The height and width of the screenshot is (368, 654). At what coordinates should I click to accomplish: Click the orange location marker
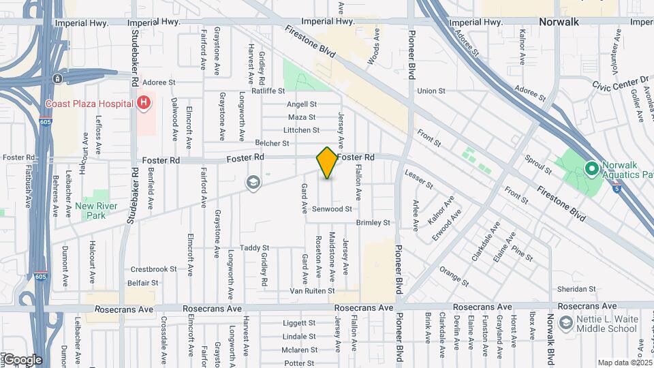tap(327, 162)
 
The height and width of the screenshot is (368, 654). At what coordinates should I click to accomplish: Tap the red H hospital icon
tap(144, 104)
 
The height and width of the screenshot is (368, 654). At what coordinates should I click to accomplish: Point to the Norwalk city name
tap(558, 22)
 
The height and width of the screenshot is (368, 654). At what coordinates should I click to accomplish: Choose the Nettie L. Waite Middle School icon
tap(565, 322)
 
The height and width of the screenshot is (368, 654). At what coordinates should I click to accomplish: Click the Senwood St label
tap(332, 209)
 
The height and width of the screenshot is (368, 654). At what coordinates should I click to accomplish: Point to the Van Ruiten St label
tap(312, 290)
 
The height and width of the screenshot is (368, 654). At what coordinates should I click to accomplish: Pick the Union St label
tap(431, 91)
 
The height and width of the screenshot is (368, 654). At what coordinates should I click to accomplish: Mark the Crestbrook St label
tap(153, 269)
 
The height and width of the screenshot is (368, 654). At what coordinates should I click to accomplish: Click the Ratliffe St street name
tap(268, 91)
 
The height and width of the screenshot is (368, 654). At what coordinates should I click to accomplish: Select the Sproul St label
tap(538, 161)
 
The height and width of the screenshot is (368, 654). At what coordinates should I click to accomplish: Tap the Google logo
tap(22, 359)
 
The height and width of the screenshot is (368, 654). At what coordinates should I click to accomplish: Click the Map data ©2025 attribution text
tap(625, 363)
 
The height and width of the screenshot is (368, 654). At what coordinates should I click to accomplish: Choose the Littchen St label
tap(302, 130)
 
